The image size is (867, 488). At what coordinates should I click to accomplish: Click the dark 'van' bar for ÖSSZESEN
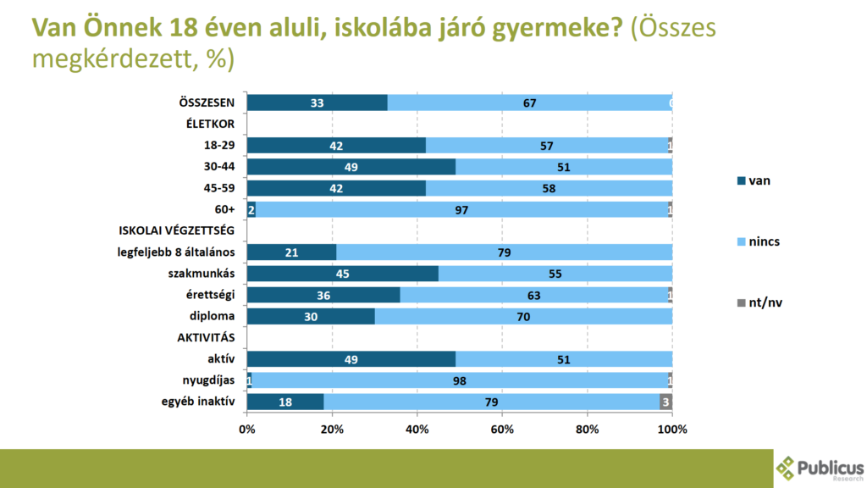point(317,103)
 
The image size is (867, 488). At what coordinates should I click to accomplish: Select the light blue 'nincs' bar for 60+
point(461,209)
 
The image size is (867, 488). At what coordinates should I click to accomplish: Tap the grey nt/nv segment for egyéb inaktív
point(665,402)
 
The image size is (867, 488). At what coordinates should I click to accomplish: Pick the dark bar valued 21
point(291,252)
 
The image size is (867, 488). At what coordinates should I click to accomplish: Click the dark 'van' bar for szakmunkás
point(342,274)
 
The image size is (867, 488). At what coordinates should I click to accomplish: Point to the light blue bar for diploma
point(523,317)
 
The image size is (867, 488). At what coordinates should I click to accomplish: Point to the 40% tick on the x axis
point(417,430)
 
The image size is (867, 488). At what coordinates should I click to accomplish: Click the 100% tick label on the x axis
point(672,430)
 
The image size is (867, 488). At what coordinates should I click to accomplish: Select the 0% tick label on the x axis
point(247,430)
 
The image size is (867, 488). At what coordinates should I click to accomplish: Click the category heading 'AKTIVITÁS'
point(206,338)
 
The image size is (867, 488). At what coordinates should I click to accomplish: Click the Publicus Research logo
point(820,468)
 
